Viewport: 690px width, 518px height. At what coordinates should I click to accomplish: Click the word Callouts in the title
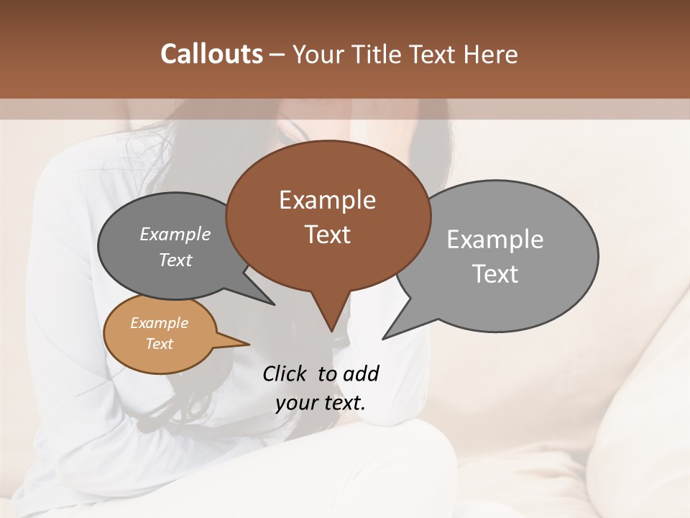tap(211, 54)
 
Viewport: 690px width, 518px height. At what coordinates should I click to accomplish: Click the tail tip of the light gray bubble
tap(384, 337)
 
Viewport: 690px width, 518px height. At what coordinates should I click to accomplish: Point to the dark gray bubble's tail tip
tap(273, 304)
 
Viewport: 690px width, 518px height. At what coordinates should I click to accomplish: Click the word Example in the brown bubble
tap(327, 200)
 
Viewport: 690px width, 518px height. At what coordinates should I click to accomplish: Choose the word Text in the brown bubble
tap(327, 235)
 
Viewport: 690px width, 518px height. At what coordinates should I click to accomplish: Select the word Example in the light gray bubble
tap(495, 240)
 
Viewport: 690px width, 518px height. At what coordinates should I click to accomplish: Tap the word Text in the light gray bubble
tap(496, 274)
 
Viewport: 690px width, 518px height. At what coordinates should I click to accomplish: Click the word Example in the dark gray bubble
tap(175, 235)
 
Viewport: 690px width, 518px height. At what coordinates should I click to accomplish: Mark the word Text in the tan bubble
tap(160, 344)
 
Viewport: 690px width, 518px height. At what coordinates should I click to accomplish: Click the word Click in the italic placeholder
tap(286, 373)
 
